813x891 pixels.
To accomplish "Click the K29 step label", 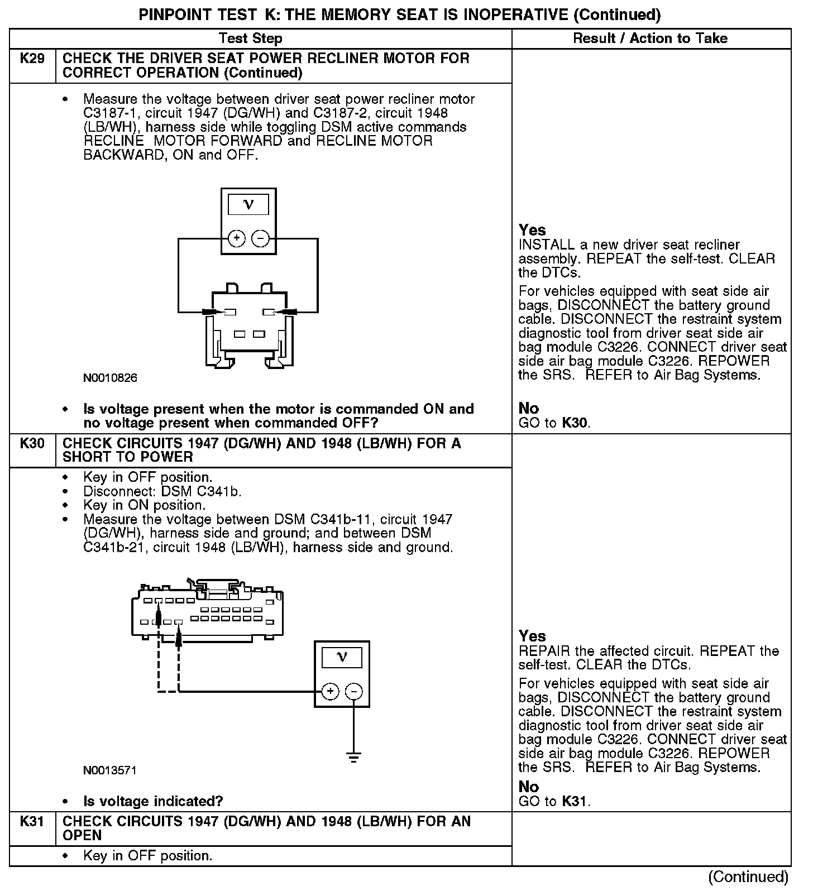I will (32, 59).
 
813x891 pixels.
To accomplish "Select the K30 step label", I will (32, 443).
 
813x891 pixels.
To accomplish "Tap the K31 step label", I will (32, 821).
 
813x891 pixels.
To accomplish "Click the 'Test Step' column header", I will (251, 39).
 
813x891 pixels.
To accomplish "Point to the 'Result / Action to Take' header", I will (651, 39).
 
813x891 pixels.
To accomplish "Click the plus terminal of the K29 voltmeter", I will (237, 239).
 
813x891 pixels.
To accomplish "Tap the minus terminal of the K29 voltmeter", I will (260, 239).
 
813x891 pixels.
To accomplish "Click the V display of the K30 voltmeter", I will (342, 658).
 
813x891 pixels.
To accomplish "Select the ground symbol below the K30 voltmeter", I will (353, 758).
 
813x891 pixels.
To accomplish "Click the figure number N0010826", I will (110, 378).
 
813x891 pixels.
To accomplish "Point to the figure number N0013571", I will (110, 770).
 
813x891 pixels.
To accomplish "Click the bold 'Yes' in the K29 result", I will (532, 230).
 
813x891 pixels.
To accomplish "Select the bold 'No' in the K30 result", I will (528, 787).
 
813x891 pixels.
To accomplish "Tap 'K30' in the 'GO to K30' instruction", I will (575, 423).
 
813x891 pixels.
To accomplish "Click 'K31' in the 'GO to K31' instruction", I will (575, 802).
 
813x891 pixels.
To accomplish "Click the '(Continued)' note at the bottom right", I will (748, 877).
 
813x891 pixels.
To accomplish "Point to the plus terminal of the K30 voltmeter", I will (331, 692).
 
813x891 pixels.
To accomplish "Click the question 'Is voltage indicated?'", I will (153, 802).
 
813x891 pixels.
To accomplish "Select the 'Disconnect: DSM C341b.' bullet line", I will (162, 491).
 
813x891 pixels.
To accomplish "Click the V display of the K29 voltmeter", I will (248, 205).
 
